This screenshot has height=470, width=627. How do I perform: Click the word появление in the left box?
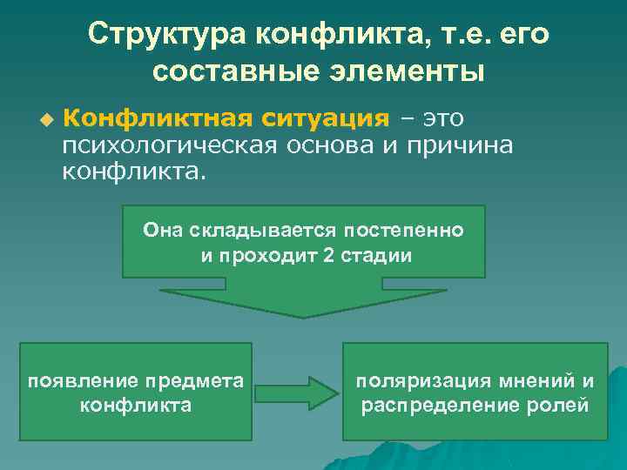(76, 380)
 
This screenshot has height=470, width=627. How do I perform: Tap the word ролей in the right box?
(562, 406)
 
